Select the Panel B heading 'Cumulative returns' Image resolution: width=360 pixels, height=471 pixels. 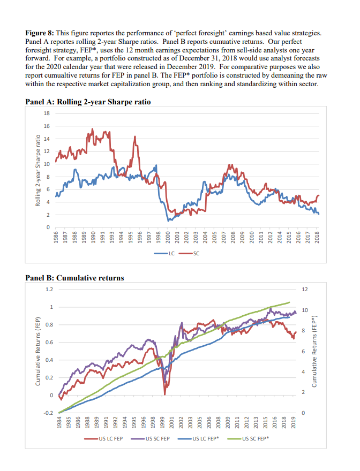[90, 278]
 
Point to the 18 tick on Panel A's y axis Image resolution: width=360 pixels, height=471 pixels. [47, 113]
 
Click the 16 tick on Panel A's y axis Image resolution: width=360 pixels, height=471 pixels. [47, 126]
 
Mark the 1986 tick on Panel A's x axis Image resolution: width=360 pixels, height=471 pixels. [56, 238]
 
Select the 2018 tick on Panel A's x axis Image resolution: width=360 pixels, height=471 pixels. [317, 238]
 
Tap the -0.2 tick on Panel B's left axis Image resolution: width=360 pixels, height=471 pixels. [48, 413]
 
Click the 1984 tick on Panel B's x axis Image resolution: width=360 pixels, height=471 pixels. [59, 424]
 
